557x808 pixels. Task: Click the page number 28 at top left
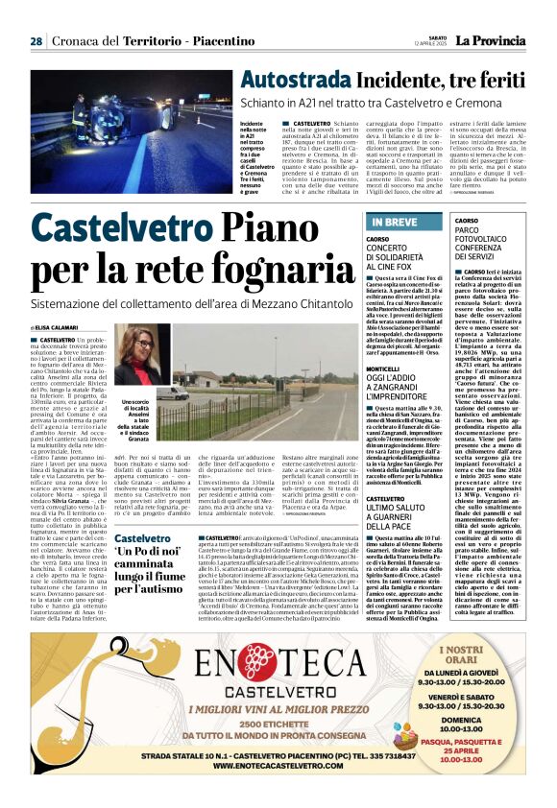(36, 41)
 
